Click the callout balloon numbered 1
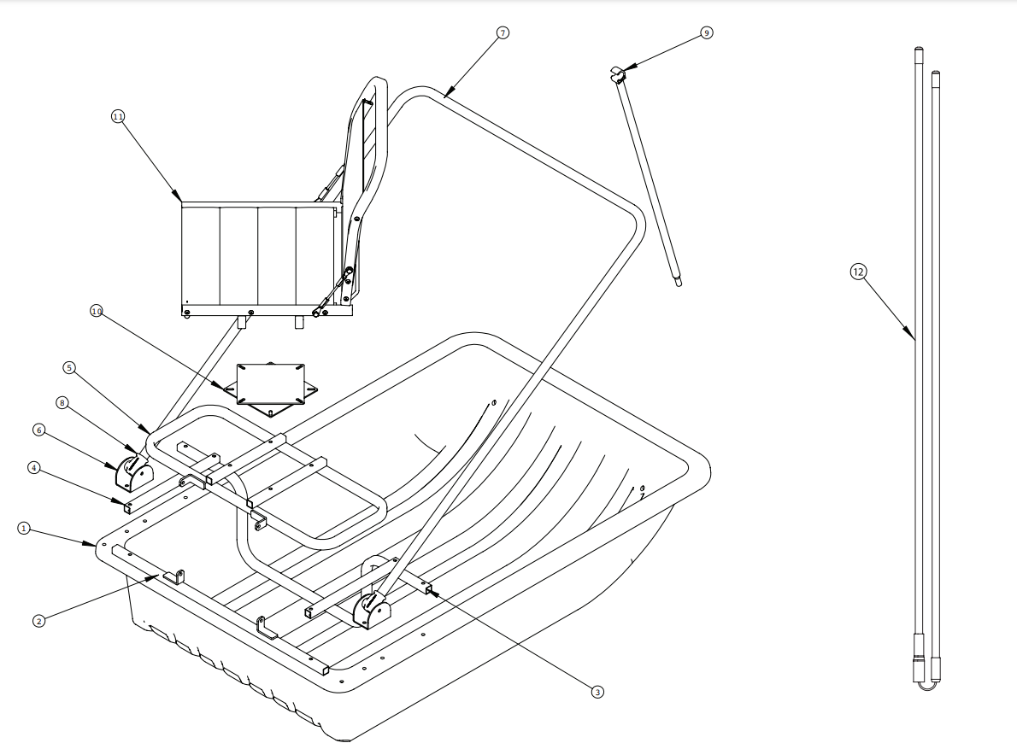pos(24,529)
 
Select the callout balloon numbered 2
pos(38,621)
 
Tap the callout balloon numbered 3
pos(597,692)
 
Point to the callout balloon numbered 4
pos(32,467)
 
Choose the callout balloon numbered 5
pos(70,367)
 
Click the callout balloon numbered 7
pos(503,32)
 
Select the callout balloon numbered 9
pos(705,32)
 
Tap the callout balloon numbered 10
pos(97,312)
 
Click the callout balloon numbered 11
pos(118,115)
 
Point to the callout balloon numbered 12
pos(858,272)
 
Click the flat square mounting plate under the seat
pos(272,386)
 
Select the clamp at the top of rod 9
pos(618,74)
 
